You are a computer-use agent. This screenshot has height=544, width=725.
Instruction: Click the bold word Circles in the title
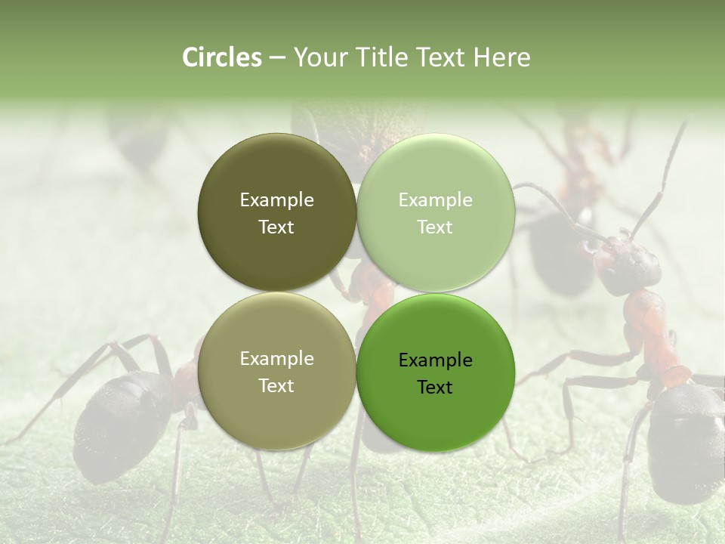pyautogui.click(x=222, y=57)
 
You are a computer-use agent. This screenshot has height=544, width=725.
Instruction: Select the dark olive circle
pyautogui.click(x=276, y=212)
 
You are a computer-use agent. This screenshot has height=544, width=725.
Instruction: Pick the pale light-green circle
pyautogui.click(x=436, y=212)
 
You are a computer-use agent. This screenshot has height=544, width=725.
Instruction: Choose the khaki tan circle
pyautogui.click(x=276, y=372)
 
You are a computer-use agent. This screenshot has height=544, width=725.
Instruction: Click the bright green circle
pyautogui.click(x=436, y=372)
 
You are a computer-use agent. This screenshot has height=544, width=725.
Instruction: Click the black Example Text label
pyautogui.click(x=435, y=373)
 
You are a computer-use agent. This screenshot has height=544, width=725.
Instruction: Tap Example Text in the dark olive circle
pyautogui.click(x=276, y=213)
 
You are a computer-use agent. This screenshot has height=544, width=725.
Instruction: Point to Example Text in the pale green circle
pyautogui.click(x=435, y=213)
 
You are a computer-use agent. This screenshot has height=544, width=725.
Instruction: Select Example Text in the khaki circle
pyautogui.click(x=276, y=372)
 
